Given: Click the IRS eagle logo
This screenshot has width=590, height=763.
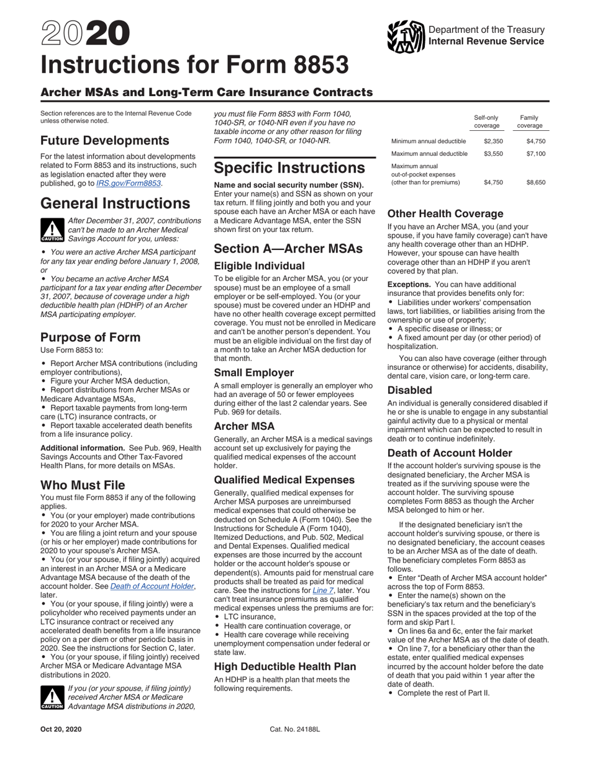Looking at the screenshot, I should [406, 37].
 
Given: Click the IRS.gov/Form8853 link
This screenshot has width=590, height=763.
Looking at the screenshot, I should [129, 184].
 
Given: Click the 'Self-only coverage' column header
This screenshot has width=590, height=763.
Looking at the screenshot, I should [486, 122].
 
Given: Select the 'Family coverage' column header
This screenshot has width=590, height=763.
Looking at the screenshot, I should [529, 122].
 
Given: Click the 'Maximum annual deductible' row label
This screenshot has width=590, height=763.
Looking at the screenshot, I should [429, 154].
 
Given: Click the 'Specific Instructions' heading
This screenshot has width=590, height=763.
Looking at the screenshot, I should [289, 168].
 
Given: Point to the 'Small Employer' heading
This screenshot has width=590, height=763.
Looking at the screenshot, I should [253, 372].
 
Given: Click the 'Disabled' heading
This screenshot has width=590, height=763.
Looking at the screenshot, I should [409, 390].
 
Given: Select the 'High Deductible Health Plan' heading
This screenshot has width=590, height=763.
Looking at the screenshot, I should [285, 666].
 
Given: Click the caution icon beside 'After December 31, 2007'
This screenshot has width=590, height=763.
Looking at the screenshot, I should [52, 230].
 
